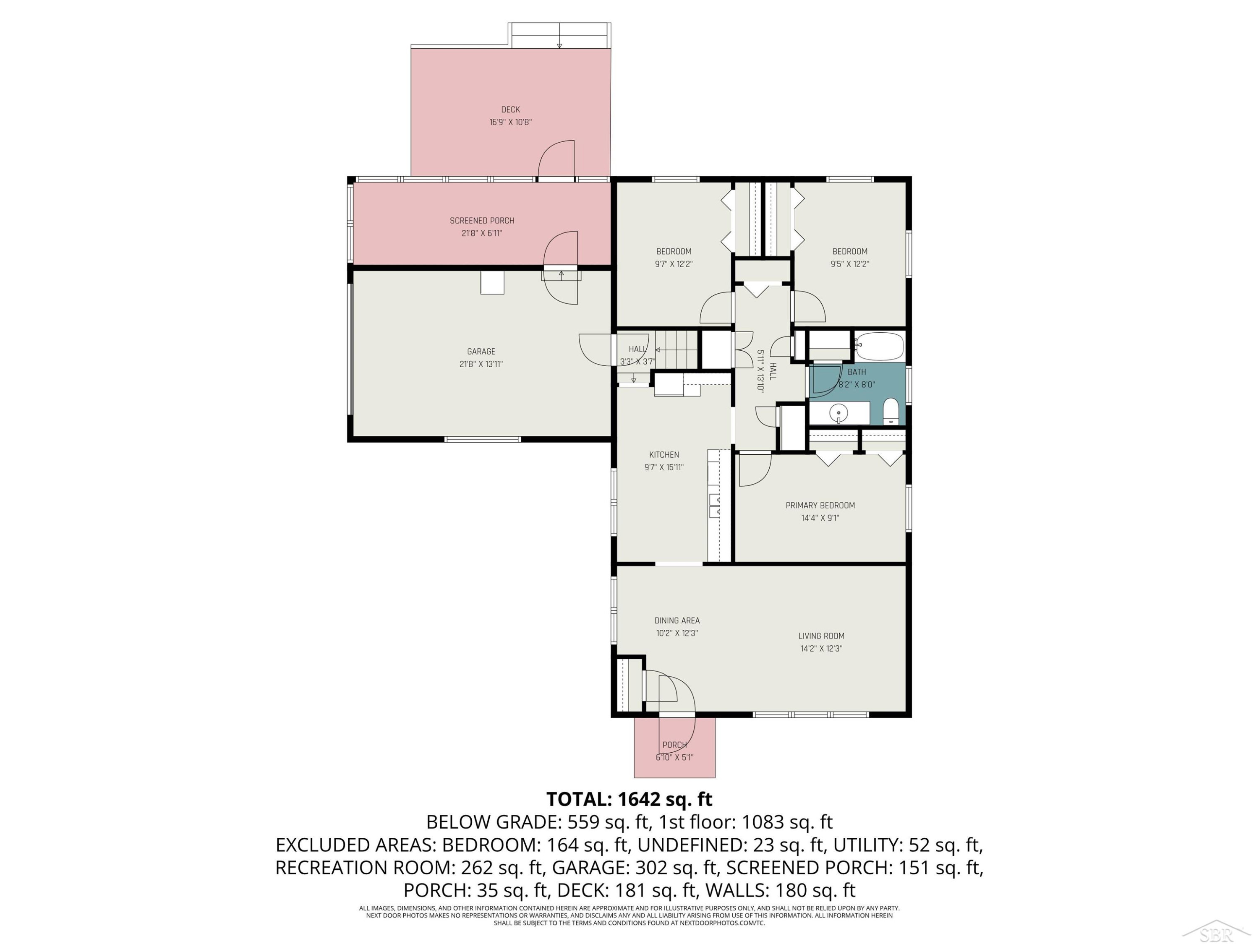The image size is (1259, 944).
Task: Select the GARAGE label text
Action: click(x=481, y=352)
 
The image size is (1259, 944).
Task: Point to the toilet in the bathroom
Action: click(x=891, y=412)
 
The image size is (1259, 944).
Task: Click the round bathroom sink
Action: click(x=838, y=412)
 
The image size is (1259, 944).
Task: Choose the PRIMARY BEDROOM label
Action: click(x=820, y=505)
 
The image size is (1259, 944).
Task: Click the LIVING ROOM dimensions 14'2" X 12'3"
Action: click(x=821, y=649)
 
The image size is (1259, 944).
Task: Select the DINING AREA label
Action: click(x=677, y=621)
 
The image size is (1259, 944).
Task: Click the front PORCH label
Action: click(x=674, y=745)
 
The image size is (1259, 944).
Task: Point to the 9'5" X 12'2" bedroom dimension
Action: click(x=849, y=264)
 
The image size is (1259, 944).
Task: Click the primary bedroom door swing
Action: click(x=755, y=469)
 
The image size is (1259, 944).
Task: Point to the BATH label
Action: click(x=857, y=372)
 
